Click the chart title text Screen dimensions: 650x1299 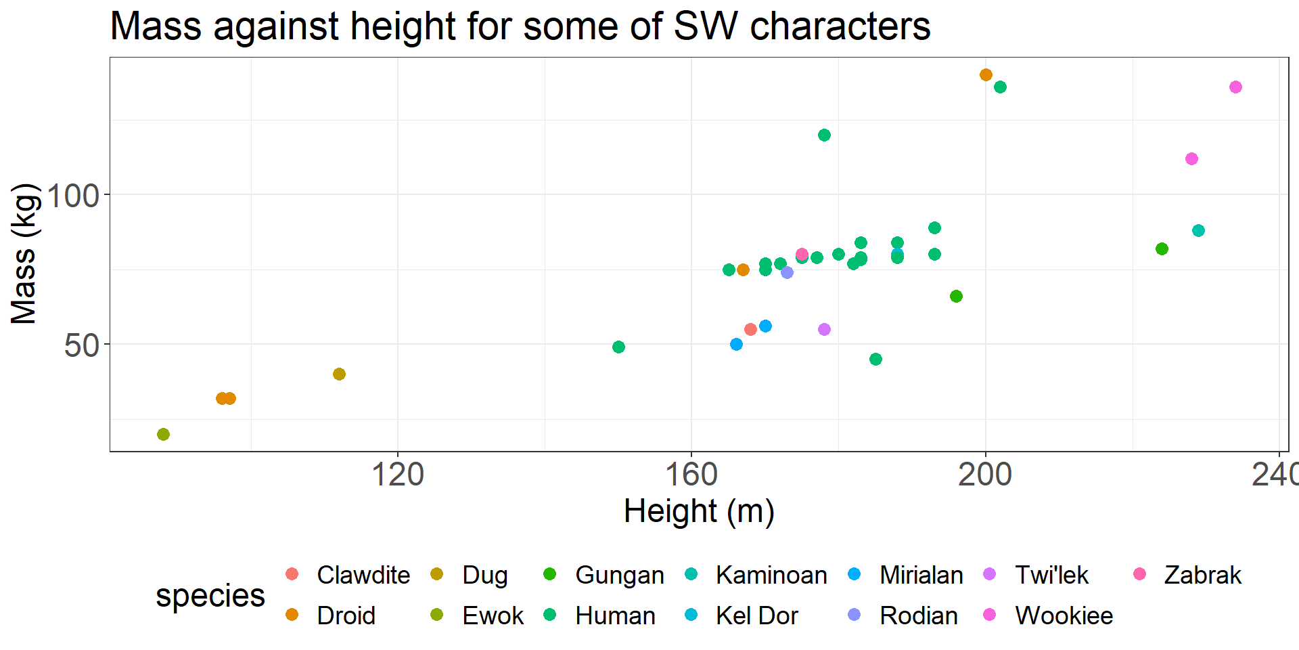[520, 27]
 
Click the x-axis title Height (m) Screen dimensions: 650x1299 [698, 511]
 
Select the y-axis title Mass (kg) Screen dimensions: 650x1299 [24, 254]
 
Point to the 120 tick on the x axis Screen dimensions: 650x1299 [398, 474]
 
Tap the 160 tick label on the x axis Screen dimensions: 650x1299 [691, 474]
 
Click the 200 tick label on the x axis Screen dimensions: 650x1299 [984, 474]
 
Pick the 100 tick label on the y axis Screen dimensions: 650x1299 [73, 196]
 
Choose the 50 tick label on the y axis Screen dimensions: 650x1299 [81, 346]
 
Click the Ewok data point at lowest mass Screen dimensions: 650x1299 [163, 434]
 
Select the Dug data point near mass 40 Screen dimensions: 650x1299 [339, 374]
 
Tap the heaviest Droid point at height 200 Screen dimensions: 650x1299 [986, 74]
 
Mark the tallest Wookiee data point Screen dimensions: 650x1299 [1235, 87]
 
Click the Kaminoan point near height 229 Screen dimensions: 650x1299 [1198, 230]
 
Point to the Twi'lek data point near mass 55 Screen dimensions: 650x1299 [824, 329]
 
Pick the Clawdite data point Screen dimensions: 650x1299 [750, 329]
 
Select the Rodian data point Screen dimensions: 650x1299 [787, 272]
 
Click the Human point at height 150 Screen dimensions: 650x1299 [618, 347]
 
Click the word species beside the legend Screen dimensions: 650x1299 [210, 595]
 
